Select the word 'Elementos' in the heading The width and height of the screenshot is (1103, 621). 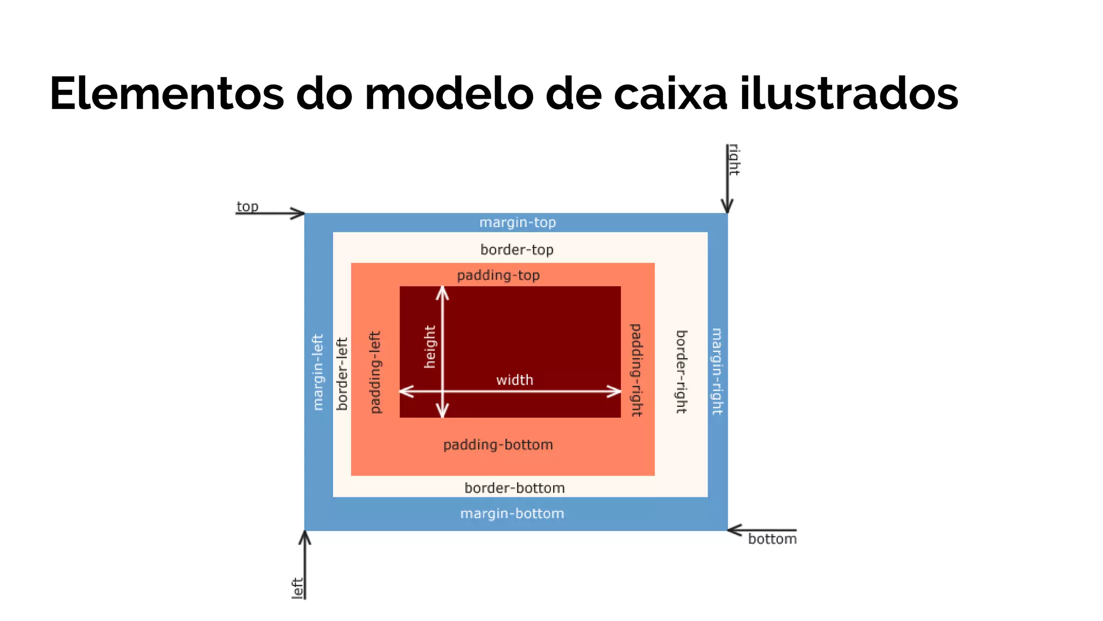[166, 94]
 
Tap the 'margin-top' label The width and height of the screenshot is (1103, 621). [517, 222]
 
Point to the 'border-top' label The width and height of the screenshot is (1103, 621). [516, 250]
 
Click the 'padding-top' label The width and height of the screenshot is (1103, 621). [498, 275]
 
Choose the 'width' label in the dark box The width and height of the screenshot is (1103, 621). [514, 380]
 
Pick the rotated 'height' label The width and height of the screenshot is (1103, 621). [430, 347]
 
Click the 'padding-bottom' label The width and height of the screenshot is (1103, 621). [498, 445]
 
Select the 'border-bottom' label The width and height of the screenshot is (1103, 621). [514, 488]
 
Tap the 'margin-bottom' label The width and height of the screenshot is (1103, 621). [512, 513]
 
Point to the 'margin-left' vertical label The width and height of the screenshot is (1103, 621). [318, 372]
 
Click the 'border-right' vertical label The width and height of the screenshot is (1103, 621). [681, 372]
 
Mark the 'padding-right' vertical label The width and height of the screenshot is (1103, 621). [636, 370]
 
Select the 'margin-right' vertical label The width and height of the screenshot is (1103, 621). [717, 371]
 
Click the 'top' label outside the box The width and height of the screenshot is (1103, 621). [247, 206]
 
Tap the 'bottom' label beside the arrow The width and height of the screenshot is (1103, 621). [772, 539]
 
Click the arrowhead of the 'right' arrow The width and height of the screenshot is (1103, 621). [727, 207]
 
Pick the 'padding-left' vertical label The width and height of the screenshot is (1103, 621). [375, 372]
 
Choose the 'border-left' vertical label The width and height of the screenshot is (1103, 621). [342, 374]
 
